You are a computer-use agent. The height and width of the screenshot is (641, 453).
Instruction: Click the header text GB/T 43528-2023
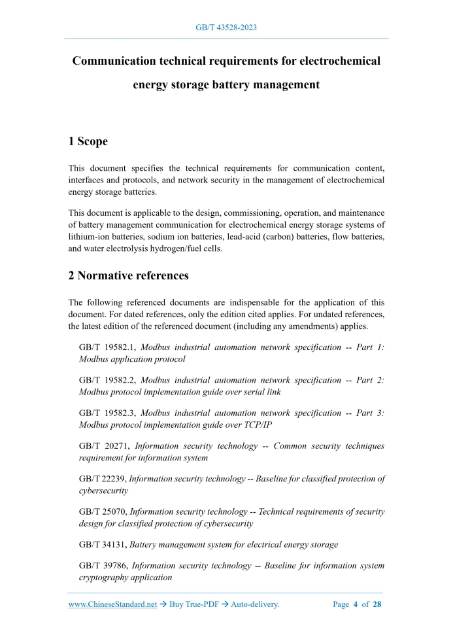226,27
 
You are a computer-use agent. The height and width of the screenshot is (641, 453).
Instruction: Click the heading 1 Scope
88,141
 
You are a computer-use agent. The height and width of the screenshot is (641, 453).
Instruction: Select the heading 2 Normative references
129,275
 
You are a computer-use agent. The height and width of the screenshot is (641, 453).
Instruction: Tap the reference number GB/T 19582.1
107,347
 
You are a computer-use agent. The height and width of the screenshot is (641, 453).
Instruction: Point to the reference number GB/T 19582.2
107,380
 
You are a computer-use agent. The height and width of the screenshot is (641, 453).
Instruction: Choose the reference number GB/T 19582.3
107,413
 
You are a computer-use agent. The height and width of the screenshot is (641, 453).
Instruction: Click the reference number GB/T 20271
104,446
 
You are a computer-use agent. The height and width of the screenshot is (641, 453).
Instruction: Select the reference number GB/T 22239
103,479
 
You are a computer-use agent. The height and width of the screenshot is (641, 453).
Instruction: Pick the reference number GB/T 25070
103,511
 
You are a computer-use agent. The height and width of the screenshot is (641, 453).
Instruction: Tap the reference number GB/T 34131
103,544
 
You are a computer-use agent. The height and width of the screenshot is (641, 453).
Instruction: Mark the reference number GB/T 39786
104,565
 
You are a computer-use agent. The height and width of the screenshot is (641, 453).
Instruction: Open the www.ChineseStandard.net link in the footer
112,604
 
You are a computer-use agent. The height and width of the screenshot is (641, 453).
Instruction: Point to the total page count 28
377,604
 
